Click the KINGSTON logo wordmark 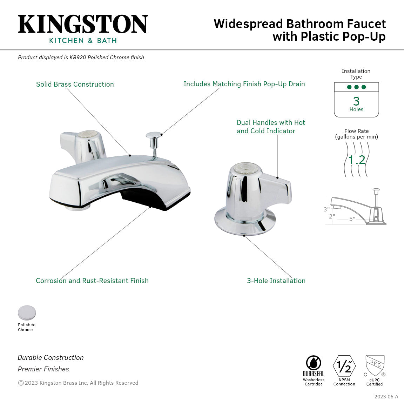click(83, 24)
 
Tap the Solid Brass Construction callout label click(75, 84)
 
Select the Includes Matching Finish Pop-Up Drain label click(244, 84)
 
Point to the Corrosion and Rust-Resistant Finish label click(92, 281)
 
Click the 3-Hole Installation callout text click(276, 281)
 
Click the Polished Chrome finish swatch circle click(27, 313)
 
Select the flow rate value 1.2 click(357, 160)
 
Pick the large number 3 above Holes click(356, 101)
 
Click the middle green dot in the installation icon click(356, 87)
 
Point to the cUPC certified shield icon click(375, 366)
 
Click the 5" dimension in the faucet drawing click(352, 219)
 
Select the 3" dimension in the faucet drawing click(326, 209)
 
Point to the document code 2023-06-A click(386, 397)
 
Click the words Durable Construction click(51, 358)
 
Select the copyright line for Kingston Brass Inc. click(78, 383)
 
